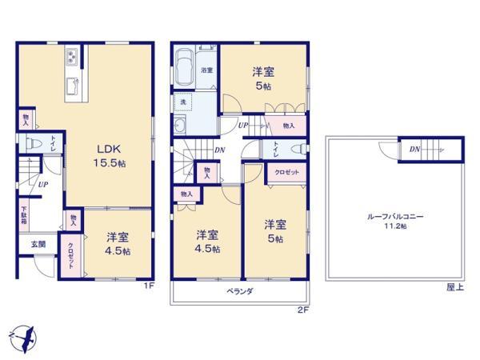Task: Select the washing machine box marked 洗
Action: (x=183, y=103)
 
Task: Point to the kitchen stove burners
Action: (x=70, y=57)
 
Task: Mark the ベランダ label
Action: (x=239, y=292)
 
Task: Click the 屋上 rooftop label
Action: (x=455, y=286)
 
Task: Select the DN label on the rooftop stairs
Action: (x=414, y=150)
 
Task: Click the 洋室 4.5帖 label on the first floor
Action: (x=118, y=242)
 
